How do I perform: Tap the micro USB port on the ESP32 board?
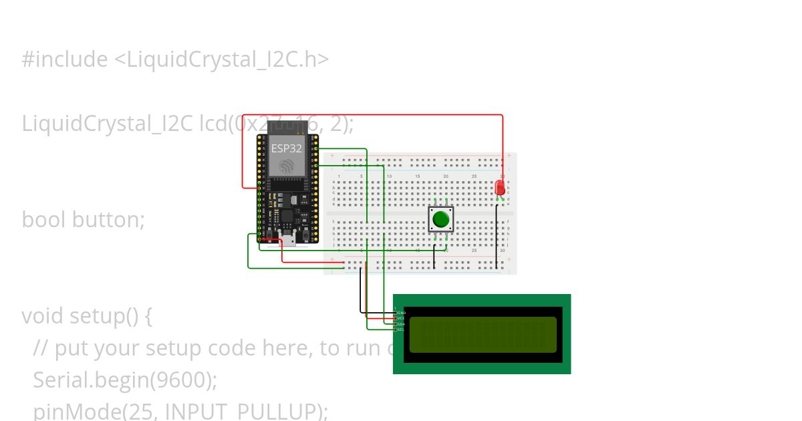(x=288, y=240)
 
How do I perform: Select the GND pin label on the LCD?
(x=402, y=313)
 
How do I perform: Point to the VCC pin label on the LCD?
(x=402, y=318)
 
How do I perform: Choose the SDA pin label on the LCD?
(x=402, y=324)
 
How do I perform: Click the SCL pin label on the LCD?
(x=402, y=329)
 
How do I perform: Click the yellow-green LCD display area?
(x=483, y=335)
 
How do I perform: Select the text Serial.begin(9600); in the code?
(x=125, y=380)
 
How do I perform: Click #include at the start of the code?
(x=64, y=59)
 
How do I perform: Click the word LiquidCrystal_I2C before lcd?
(x=108, y=124)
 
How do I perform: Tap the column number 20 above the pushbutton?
(x=445, y=176)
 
